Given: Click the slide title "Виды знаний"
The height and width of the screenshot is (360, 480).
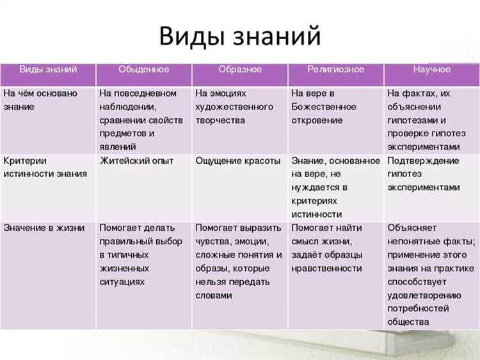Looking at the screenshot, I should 239,36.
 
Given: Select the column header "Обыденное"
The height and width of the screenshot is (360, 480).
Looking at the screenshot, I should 143,70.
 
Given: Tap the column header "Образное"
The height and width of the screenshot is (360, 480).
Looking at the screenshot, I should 239,70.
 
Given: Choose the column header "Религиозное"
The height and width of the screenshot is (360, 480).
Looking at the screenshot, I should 336,70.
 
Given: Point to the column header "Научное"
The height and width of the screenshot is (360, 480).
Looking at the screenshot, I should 431,70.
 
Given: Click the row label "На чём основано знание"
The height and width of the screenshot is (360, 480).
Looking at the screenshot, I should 40,100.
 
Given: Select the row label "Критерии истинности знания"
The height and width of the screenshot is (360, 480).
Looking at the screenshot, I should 45,168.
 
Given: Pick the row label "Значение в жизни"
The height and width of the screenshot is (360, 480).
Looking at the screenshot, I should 44,228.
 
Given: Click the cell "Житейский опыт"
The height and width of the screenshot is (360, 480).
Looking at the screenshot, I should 136,161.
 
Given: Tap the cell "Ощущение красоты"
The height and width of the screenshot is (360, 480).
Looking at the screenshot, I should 237,161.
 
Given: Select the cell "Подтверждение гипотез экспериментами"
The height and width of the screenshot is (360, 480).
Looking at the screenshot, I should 424,174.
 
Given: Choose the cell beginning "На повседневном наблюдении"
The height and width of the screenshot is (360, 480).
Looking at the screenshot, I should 141,120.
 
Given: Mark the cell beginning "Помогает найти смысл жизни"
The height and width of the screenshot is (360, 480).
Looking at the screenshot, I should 327,248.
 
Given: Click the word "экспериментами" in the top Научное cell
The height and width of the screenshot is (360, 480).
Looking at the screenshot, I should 424,147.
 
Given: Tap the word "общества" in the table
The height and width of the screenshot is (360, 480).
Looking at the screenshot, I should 408,322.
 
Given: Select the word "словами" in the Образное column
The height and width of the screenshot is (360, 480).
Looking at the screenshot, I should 214,295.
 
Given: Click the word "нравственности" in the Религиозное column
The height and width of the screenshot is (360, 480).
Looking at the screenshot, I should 326,269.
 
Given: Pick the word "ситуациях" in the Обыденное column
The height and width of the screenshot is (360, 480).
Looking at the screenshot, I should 122,282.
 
